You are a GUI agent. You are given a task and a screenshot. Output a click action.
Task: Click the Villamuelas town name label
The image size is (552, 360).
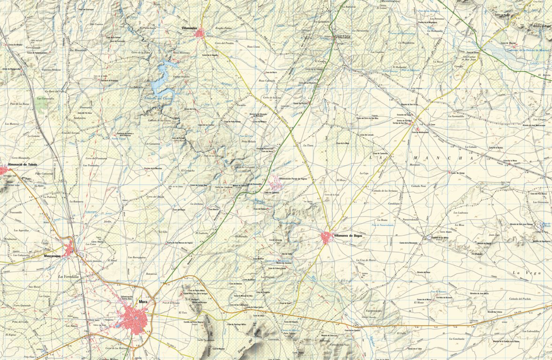[x=189, y=29]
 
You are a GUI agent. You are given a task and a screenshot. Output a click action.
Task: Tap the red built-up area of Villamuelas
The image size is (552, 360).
[x=201, y=33]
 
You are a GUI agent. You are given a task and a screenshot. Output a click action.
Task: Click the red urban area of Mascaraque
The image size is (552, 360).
[x=70, y=249]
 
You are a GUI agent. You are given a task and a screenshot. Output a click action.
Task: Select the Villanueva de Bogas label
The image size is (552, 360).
[x=349, y=235]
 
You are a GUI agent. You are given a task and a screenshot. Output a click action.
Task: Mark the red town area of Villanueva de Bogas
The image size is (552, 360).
[x=327, y=238]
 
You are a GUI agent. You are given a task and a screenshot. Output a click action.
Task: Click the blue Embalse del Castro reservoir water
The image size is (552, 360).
[x=159, y=84]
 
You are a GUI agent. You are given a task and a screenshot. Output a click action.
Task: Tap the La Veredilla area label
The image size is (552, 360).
[x=68, y=277]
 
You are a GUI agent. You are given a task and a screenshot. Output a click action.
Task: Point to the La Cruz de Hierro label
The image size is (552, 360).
[x=365, y=260]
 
